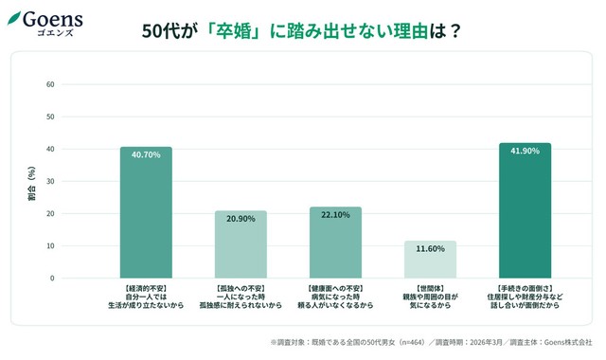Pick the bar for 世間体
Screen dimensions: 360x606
click(430, 260)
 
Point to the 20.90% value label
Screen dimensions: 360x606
click(241, 219)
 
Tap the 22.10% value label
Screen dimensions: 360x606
click(335, 215)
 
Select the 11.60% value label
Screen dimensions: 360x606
click(430, 248)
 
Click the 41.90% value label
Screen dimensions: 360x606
click(525, 152)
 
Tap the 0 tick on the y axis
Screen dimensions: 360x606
click(53, 278)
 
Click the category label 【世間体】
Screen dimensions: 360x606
click(430, 286)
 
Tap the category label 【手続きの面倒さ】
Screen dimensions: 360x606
click(525, 286)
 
